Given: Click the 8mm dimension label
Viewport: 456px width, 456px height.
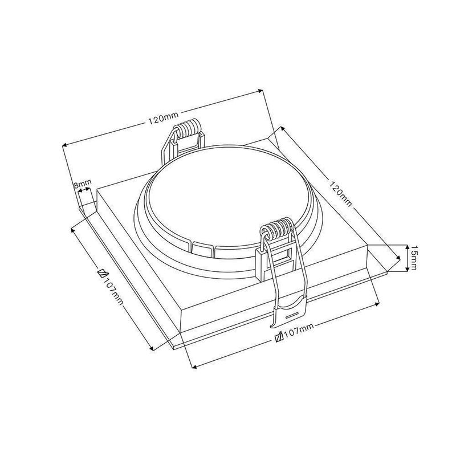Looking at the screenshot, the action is [82, 184].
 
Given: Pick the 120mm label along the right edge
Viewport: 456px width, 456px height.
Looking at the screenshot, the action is [340, 193].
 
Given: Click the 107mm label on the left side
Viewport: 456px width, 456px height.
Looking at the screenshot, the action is [113, 292].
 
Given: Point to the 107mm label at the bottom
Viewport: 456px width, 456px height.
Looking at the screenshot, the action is [299, 331].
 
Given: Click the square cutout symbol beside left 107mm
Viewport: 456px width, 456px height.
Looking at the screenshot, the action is [103, 274].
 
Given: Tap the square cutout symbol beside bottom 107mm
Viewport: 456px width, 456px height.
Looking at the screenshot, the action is [279, 337].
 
